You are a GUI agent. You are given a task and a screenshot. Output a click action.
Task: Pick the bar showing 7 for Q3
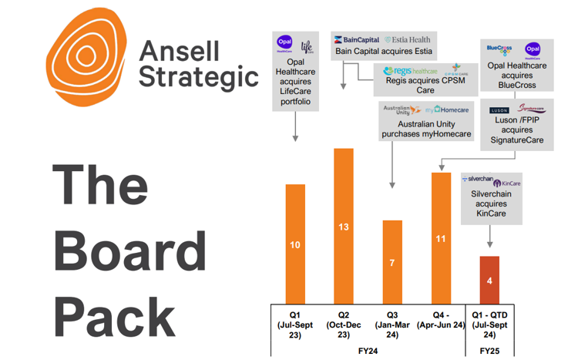pos(392,261)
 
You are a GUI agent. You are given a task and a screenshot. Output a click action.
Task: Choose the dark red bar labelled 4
pos(489,279)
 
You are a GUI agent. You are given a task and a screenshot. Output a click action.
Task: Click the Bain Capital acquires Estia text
pos(383,52)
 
